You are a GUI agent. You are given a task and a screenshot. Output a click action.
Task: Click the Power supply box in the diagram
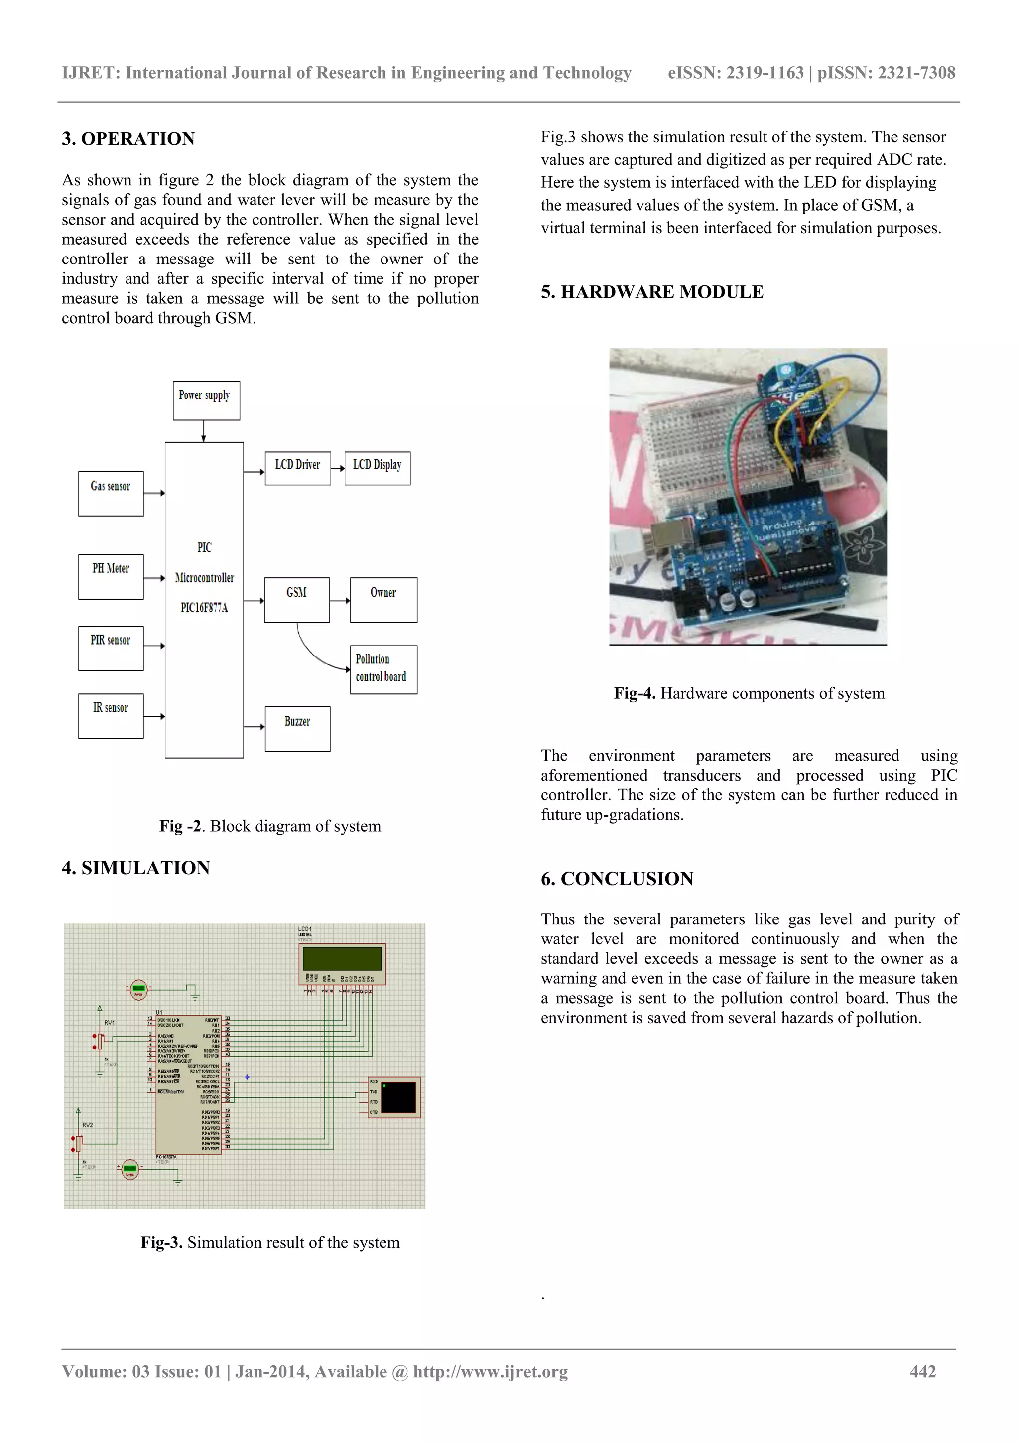click(x=206, y=400)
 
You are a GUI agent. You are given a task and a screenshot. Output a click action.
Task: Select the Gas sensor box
click(x=111, y=493)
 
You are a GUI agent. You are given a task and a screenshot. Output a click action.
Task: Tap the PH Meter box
click(x=111, y=576)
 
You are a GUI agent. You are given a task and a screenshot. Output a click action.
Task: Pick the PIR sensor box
click(x=111, y=648)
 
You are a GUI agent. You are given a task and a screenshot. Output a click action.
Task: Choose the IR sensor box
click(x=111, y=716)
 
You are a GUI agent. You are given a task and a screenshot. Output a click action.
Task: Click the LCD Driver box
click(x=297, y=468)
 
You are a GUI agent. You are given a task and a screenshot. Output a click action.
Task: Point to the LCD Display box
click(x=377, y=468)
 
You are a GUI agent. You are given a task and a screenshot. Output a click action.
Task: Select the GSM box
click(x=297, y=600)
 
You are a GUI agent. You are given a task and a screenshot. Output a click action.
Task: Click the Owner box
click(x=383, y=600)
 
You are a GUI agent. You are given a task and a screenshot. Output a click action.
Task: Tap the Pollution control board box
click(x=383, y=669)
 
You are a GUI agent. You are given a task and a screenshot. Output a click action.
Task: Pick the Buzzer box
click(x=297, y=728)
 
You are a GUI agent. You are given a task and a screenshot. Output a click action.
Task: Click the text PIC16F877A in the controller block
click(x=204, y=608)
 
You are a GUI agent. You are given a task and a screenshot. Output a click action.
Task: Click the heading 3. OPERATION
click(x=128, y=139)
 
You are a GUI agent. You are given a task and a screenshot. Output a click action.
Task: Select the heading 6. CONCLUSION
click(x=617, y=879)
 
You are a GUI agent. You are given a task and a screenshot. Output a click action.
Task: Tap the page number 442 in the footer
click(x=922, y=1371)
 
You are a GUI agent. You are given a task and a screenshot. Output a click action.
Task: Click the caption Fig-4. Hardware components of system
click(x=749, y=693)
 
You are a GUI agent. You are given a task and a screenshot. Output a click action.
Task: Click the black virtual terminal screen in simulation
click(x=398, y=1097)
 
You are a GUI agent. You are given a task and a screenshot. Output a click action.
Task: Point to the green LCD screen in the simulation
click(x=342, y=958)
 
